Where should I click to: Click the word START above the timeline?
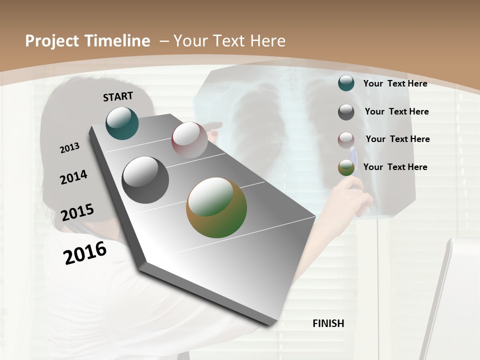tap(118, 96)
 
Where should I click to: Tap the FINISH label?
tap(328, 323)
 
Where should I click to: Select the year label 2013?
tap(69, 148)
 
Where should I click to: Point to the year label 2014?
tap(73, 177)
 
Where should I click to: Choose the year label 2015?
tap(77, 212)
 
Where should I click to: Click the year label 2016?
tap(85, 252)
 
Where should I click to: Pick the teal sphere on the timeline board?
tap(122, 123)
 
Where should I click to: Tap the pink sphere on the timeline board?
tap(189, 139)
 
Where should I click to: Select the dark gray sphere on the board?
tap(145, 180)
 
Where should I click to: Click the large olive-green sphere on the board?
tap(216, 207)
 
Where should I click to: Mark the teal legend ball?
tap(346, 83)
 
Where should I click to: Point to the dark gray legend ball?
tap(346, 112)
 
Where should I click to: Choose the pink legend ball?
tap(346, 140)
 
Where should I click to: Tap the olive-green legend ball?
tap(346, 167)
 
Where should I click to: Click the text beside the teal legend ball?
tap(395, 83)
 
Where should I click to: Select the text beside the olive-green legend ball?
tap(395, 167)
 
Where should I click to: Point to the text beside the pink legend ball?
tap(397, 139)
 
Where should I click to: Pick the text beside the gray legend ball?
tap(396, 111)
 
